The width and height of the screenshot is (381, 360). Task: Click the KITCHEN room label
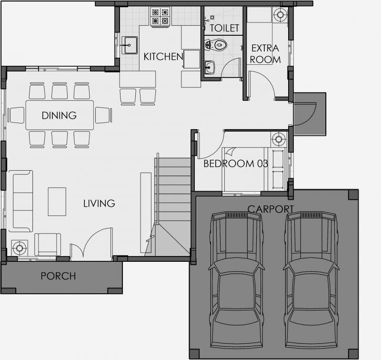point(163,57)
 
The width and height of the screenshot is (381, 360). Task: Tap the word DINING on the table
point(59,115)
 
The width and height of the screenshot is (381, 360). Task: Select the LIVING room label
point(99,203)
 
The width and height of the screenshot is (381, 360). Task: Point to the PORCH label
point(58,276)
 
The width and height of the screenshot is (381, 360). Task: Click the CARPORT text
point(271,209)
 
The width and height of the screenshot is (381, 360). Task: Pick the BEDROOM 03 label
point(236,164)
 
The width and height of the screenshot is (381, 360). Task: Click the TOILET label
point(224,28)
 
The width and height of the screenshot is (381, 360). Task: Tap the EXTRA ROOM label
point(265,54)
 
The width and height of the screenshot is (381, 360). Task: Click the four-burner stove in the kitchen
point(160,16)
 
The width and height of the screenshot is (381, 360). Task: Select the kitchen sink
point(129,45)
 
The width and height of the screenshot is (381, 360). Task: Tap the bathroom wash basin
point(209,67)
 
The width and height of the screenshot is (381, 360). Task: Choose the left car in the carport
point(237,280)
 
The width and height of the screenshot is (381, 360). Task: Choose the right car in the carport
point(311,280)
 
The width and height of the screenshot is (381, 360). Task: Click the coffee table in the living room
point(57,202)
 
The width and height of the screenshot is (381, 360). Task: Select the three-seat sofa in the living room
point(20,201)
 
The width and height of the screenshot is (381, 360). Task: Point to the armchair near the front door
point(48,245)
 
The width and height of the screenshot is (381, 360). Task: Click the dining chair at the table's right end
point(104,115)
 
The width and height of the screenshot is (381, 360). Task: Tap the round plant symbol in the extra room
point(280,15)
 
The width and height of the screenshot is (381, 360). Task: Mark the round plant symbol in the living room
point(20,248)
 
